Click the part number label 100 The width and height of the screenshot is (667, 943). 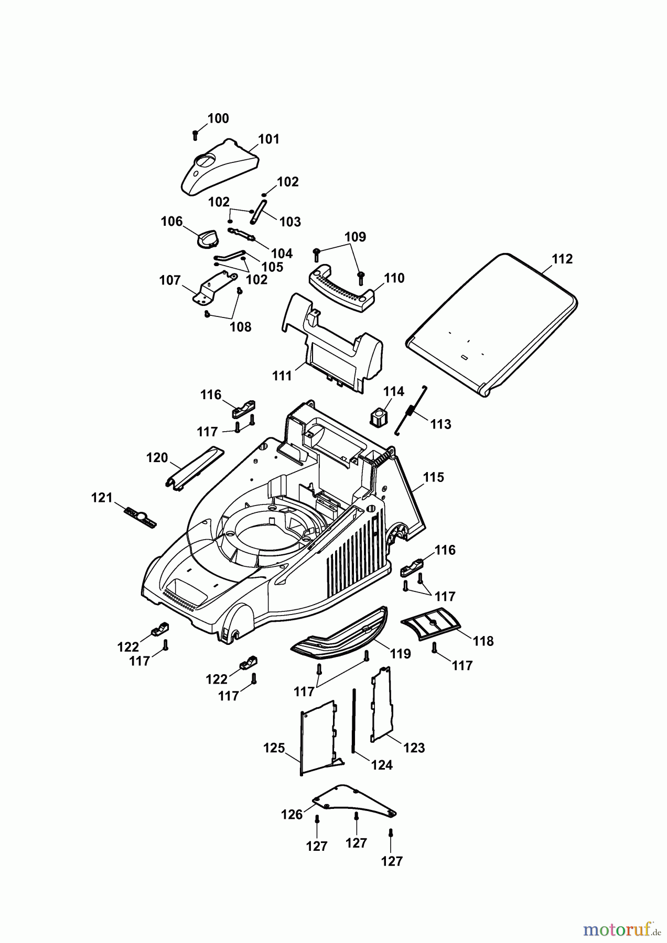[218, 118]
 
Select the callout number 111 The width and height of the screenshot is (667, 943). [282, 376]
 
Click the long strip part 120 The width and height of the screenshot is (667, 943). [194, 468]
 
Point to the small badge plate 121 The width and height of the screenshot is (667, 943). [141, 517]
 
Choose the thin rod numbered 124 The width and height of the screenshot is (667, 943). [356, 720]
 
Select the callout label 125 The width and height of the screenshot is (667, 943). [274, 748]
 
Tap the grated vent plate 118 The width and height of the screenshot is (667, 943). [431, 622]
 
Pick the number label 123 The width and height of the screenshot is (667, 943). [414, 748]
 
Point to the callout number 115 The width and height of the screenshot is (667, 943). [434, 477]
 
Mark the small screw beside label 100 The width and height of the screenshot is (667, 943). [195, 134]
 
